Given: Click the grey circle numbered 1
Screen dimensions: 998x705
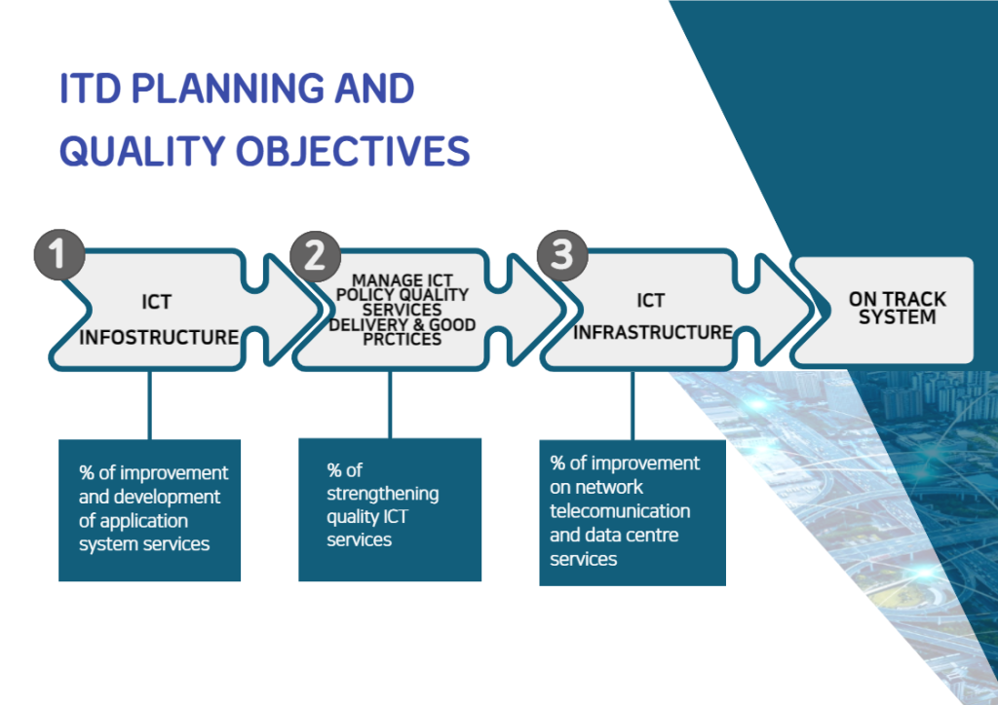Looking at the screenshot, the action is [59, 254].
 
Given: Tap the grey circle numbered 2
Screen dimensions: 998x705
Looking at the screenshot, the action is [315, 256].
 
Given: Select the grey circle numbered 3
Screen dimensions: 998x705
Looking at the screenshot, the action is [562, 255].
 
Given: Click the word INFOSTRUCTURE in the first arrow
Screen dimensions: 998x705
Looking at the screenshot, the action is [159, 337].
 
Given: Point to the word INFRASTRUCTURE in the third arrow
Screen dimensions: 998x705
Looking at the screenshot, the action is [653, 332].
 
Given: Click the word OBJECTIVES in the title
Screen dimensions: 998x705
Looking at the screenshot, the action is [353, 151].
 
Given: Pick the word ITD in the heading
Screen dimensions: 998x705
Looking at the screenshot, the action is [90, 89].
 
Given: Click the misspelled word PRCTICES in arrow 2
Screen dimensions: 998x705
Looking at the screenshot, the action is [403, 340].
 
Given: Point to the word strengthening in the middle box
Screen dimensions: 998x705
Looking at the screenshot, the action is [382, 494].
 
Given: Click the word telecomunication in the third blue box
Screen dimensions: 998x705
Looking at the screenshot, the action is [620, 511].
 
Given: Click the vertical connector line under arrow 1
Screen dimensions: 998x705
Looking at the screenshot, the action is [149, 405].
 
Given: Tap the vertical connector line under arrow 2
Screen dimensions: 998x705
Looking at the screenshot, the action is [390, 405].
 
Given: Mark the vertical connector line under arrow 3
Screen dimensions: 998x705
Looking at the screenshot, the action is [632, 406].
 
